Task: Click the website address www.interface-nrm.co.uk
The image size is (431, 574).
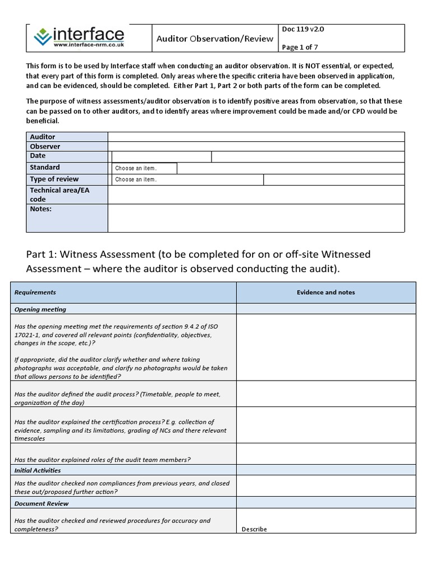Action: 88,44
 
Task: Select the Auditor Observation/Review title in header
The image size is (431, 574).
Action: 214,39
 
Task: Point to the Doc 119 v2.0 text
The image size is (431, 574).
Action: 302,30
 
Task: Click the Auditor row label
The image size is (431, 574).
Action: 43,137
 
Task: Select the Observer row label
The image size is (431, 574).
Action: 45,146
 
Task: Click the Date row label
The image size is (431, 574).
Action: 38,156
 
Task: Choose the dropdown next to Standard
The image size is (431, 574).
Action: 144,168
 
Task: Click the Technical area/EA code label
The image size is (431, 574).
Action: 59,195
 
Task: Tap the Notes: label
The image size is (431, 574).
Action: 40,209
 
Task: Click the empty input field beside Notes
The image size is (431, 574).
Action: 256,218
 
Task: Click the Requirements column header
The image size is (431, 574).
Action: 35,292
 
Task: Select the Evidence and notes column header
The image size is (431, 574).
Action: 325,292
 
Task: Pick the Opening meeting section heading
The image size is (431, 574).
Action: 40,309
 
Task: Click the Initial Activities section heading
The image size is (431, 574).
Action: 38,470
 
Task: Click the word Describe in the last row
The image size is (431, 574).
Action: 254,529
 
